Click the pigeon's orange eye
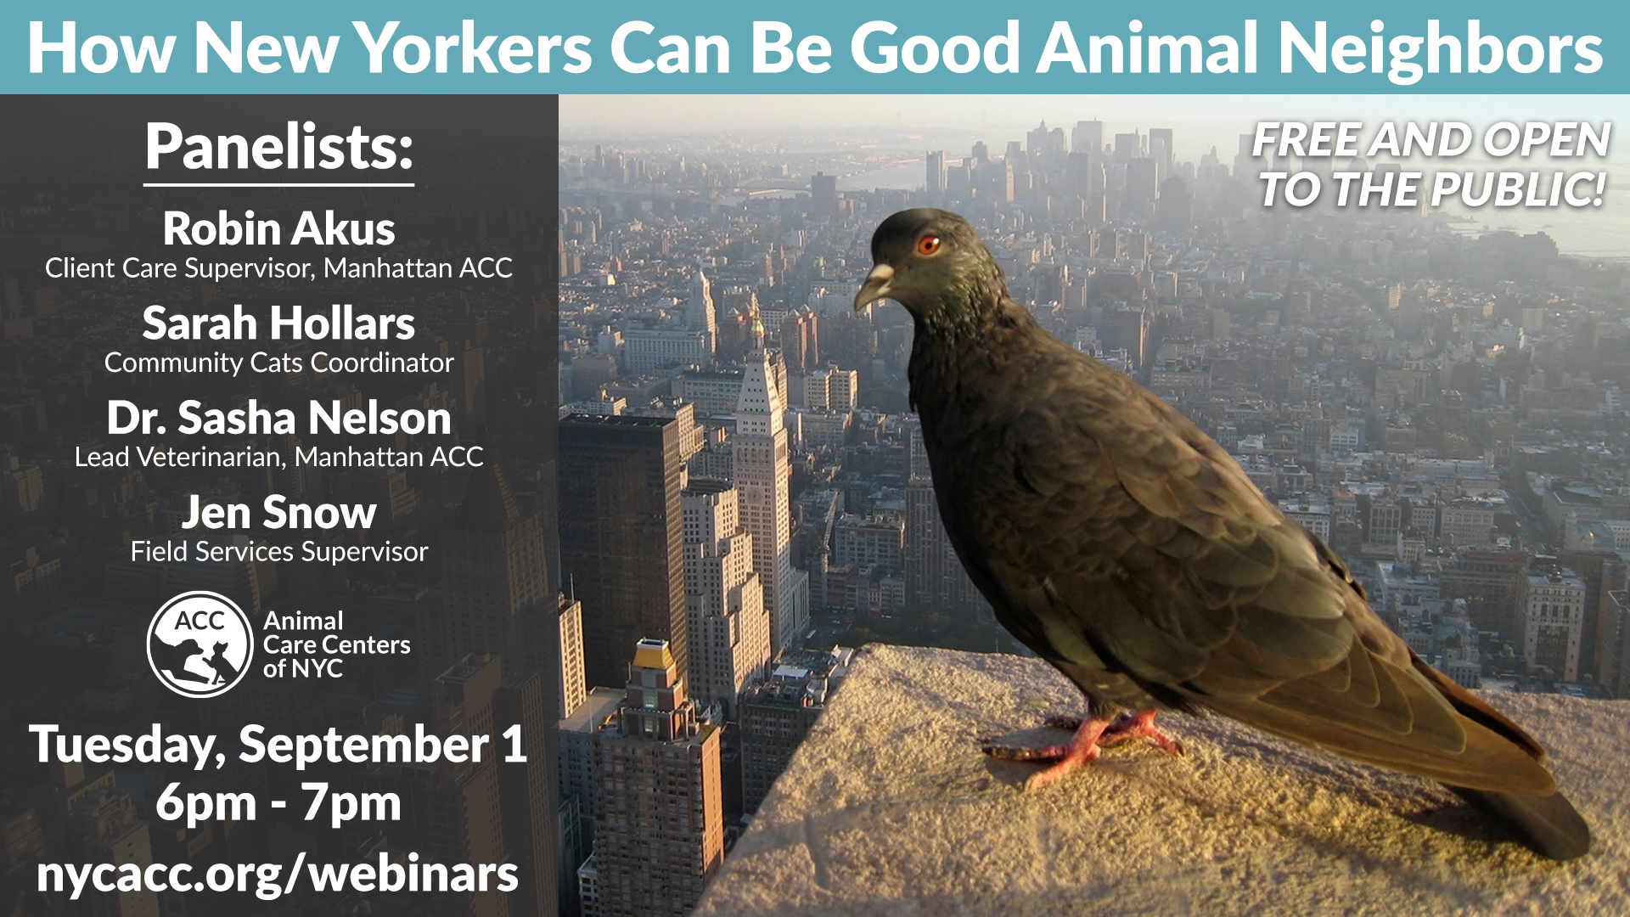929,245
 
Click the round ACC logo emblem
200,644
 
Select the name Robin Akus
278,228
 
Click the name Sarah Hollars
278,323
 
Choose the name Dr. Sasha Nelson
278,418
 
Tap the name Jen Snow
278,512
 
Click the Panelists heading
278,146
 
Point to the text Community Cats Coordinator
278,363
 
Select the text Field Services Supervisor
278,552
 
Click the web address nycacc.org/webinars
278,875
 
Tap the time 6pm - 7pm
278,803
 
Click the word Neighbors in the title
1440,48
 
